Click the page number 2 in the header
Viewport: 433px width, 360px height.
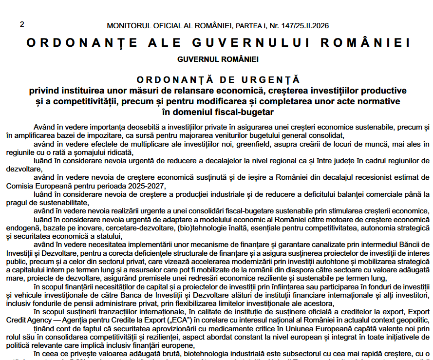click(22, 24)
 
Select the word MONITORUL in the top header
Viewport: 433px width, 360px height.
click(128, 25)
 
